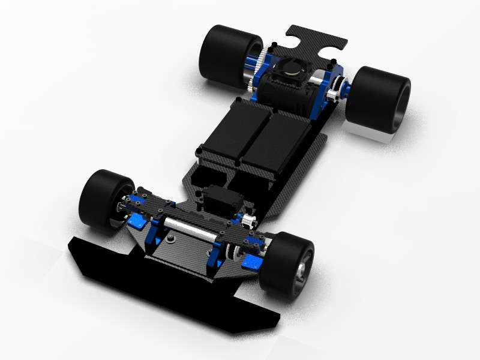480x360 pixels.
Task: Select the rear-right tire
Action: click(x=382, y=98)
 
